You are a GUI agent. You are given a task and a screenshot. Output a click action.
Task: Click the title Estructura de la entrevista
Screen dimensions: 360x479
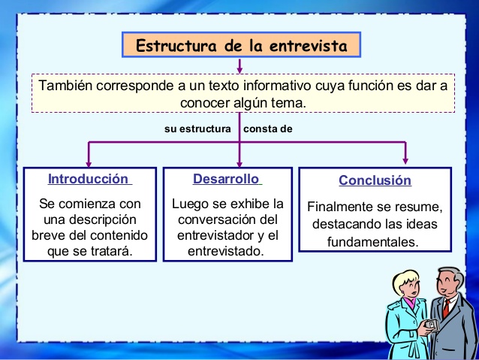(241, 46)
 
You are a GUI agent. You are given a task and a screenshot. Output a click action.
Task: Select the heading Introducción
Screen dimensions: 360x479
(89, 179)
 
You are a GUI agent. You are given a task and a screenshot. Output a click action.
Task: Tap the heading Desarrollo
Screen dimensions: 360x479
(226, 179)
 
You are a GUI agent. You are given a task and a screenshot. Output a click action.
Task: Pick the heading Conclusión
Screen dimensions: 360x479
(375, 180)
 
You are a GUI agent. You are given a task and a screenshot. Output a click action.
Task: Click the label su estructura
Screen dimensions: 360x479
(197, 129)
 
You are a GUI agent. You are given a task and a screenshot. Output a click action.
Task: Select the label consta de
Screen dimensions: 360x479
(268, 129)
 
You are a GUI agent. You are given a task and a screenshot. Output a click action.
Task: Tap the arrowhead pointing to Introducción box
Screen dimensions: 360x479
(89, 162)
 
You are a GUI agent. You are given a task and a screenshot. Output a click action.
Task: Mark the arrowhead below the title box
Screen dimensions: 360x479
(239, 68)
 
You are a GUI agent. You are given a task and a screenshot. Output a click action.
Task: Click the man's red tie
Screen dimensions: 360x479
(445, 307)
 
